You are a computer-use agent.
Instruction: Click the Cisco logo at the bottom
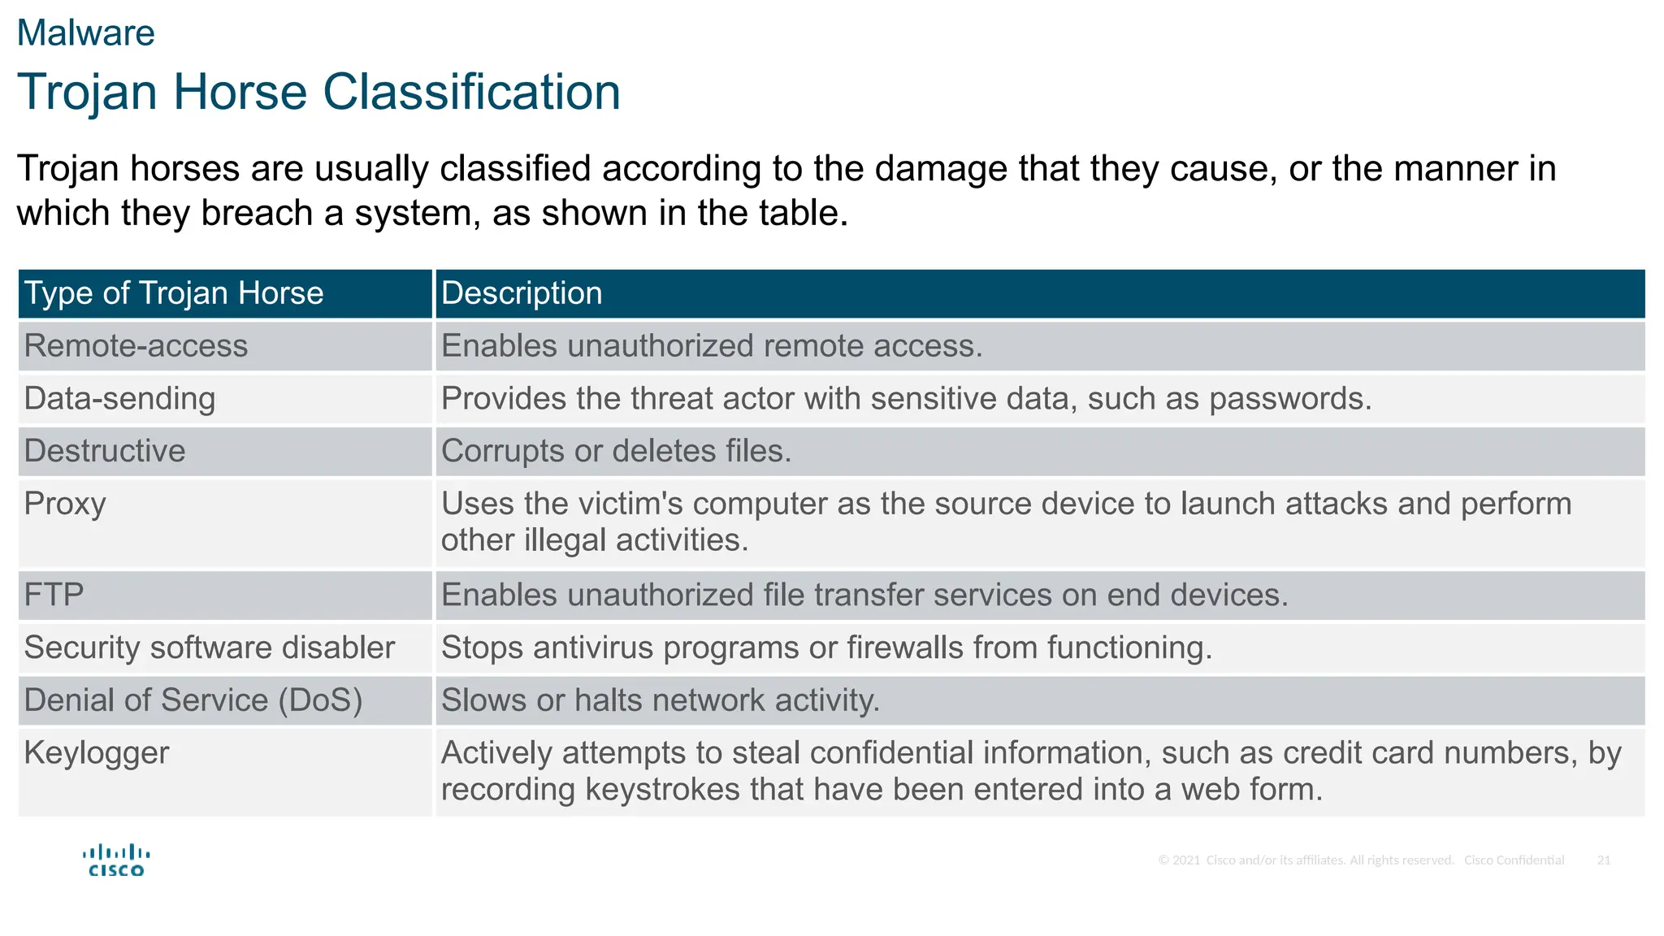[116, 860]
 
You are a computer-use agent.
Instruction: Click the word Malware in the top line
[85, 33]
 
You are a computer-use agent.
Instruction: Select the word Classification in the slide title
[471, 91]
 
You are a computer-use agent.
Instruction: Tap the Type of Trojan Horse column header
[174, 293]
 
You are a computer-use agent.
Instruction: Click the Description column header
[522, 293]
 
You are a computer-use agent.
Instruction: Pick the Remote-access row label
[136, 346]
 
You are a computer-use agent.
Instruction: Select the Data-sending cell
[119, 399]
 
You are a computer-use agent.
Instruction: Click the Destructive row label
[105, 451]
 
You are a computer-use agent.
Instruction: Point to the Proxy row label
[65, 504]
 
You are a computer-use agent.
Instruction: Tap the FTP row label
[54, 595]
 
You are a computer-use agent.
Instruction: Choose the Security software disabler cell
[209, 648]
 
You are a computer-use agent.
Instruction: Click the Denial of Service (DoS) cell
[193, 700]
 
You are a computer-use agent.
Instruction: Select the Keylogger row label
[97, 753]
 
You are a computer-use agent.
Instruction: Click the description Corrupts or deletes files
[616, 451]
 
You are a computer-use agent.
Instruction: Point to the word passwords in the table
[1289, 399]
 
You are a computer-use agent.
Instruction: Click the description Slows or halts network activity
[660, 700]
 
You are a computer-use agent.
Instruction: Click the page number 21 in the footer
[1603, 860]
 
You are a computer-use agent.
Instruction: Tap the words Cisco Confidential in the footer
[1514, 860]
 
